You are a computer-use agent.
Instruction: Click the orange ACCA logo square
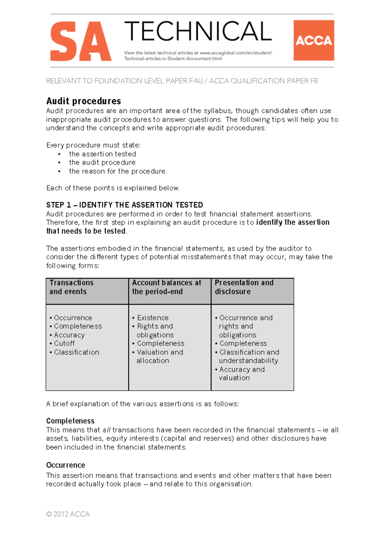313,40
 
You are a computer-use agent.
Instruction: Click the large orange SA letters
81,41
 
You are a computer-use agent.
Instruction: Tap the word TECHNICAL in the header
198,31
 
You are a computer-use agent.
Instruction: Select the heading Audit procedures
83,101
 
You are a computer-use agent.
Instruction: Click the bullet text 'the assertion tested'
102,154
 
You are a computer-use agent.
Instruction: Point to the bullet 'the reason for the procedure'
117,171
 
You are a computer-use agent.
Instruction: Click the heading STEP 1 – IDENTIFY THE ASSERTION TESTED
124,205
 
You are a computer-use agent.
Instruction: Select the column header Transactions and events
71,287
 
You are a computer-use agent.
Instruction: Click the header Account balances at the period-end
167,287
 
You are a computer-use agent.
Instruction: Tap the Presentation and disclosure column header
244,287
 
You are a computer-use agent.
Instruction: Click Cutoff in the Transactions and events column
64,343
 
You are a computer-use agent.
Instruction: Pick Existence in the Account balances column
153,317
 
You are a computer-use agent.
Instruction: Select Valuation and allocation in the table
159,356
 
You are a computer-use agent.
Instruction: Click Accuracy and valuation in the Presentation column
242,373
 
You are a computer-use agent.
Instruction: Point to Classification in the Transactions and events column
76,352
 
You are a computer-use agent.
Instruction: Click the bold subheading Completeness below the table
70,421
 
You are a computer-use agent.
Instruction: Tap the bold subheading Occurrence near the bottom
65,465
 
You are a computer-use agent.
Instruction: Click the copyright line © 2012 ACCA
68,514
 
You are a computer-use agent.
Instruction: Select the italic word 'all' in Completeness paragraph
107,430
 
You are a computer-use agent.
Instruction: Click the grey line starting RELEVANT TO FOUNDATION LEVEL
182,81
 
